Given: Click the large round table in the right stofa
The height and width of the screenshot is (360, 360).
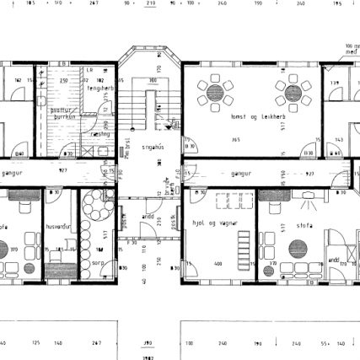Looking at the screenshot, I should pyautogui.click(x=297, y=250).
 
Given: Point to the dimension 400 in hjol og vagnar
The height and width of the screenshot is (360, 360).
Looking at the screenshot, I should pyautogui.click(x=217, y=265).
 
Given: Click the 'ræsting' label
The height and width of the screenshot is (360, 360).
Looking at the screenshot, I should pyautogui.click(x=101, y=134).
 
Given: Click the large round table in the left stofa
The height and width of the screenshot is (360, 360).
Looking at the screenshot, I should pyautogui.click(x=13, y=250).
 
